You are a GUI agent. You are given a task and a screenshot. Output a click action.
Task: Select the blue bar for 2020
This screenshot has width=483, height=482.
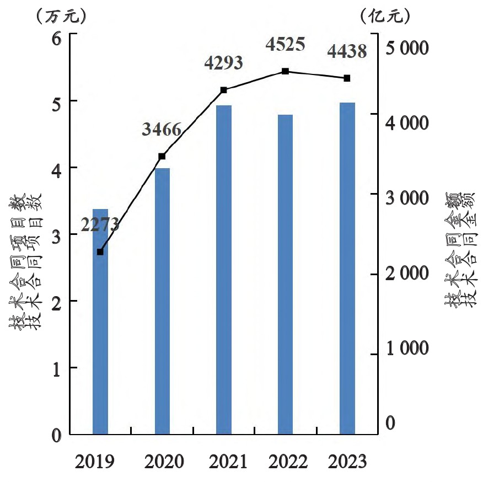coord(162,301)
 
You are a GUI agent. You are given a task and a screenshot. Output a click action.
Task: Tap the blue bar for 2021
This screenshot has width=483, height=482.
coord(224,270)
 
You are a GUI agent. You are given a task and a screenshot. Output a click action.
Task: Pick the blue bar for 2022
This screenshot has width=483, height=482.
coord(285,275)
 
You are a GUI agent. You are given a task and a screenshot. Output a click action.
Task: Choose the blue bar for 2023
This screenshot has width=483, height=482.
coord(347,269)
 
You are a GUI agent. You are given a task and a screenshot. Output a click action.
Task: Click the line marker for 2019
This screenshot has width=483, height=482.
coord(100,252)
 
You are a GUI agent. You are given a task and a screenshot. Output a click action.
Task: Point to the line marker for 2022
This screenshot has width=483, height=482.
coord(285,71)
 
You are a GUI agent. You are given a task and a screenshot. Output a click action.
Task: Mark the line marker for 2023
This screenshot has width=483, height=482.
coord(347,78)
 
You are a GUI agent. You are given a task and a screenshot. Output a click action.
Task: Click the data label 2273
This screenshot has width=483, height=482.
coord(100,224)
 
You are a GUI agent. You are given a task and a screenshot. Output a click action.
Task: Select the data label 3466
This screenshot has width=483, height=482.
coord(162,130)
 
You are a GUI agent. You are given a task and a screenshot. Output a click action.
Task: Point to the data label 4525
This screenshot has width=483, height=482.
coord(285,44)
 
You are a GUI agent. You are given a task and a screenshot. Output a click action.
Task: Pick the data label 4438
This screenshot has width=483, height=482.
coord(347,52)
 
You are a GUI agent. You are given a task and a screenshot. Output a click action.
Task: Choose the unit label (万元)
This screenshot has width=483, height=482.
coord(61,17)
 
